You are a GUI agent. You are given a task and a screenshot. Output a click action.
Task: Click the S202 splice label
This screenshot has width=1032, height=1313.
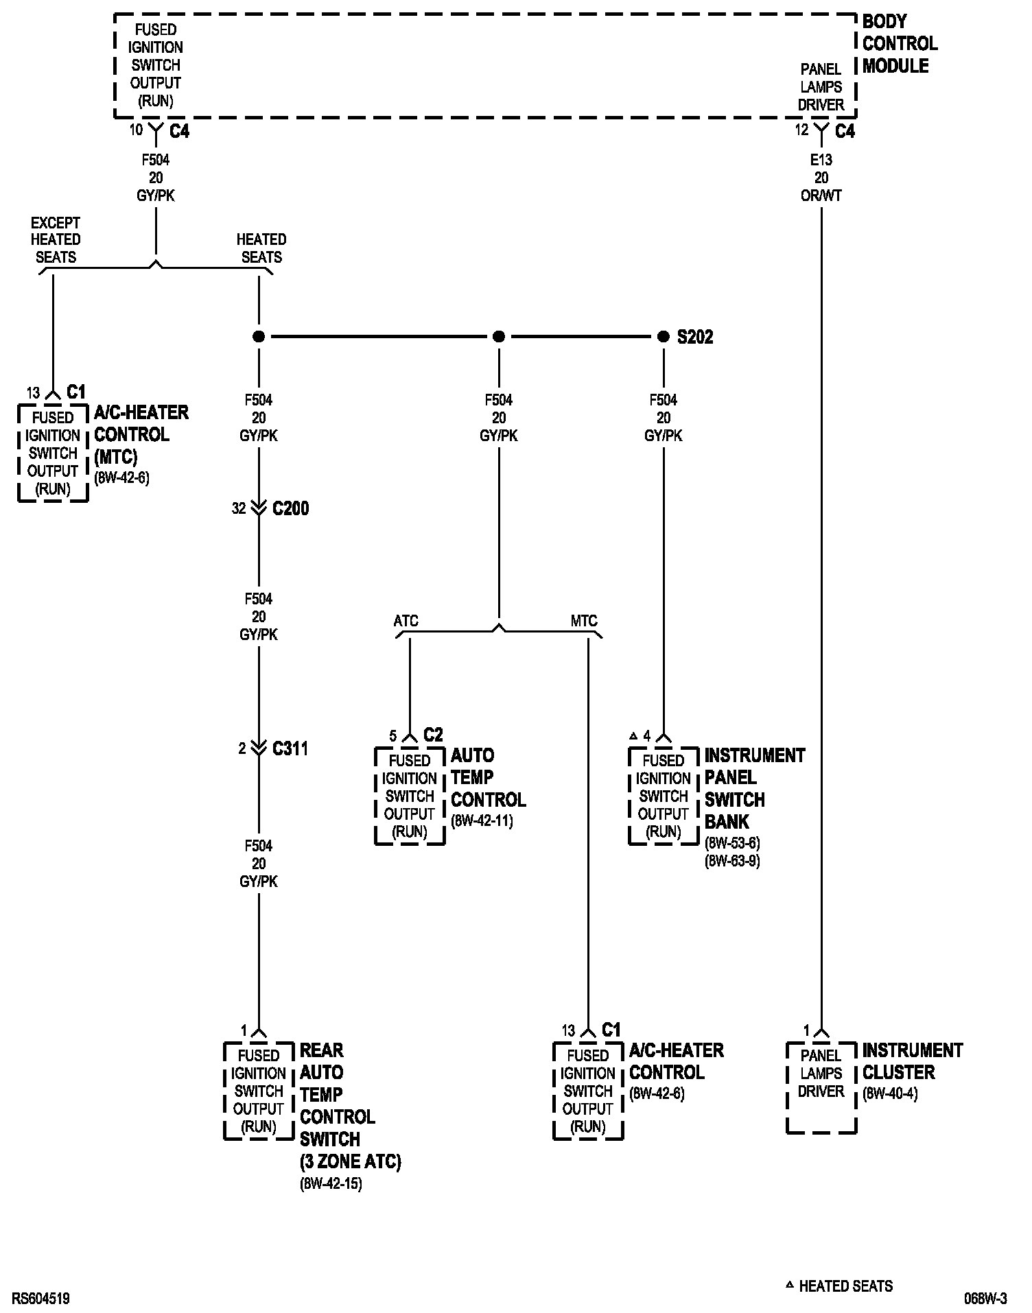pyautogui.click(x=694, y=337)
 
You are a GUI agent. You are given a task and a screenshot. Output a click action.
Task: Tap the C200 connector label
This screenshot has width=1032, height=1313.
pyautogui.click(x=290, y=508)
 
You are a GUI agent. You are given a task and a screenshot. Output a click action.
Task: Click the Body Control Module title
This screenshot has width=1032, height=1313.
pyautogui.click(x=900, y=43)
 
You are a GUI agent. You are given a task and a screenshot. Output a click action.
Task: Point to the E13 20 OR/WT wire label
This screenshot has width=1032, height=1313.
pyautogui.click(x=821, y=178)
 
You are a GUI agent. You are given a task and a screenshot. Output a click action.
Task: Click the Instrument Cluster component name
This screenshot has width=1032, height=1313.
pyautogui.click(x=912, y=1061)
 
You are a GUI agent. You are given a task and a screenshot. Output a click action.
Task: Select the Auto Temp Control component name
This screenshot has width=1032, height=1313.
pyautogui.click(x=488, y=777)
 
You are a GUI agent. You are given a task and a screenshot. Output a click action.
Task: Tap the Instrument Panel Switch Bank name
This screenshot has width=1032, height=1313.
pyautogui.click(x=754, y=788)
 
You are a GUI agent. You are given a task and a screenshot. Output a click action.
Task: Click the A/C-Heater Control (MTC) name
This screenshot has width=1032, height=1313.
pyautogui.click(x=141, y=434)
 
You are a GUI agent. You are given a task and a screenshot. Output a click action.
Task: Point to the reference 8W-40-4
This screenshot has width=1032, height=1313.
pyautogui.click(x=890, y=1093)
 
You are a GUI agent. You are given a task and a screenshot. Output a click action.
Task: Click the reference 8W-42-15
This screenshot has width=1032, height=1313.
pyautogui.click(x=330, y=1183)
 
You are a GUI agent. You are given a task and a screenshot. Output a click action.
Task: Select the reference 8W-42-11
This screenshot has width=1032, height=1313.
pyautogui.click(x=482, y=821)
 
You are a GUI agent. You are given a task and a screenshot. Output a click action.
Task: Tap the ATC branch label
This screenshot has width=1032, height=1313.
pyautogui.click(x=406, y=621)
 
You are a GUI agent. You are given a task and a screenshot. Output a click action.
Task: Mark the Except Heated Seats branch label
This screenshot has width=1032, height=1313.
pyautogui.click(x=56, y=239)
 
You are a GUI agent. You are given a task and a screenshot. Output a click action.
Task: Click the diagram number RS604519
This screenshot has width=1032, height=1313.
pyautogui.click(x=40, y=1299)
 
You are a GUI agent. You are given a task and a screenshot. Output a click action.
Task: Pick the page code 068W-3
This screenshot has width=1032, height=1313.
pyautogui.click(x=985, y=1299)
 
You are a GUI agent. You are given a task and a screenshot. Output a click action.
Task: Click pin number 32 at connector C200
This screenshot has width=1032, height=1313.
pyautogui.click(x=238, y=508)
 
